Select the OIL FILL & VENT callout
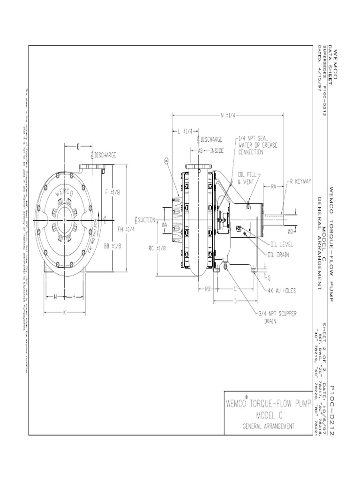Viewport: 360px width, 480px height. click(246, 178)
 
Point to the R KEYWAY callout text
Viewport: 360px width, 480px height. click(300, 180)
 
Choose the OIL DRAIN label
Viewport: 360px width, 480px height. click(279, 255)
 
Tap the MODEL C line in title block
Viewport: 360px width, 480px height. click(268, 416)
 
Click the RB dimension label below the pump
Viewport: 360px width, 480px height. click(209, 289)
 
